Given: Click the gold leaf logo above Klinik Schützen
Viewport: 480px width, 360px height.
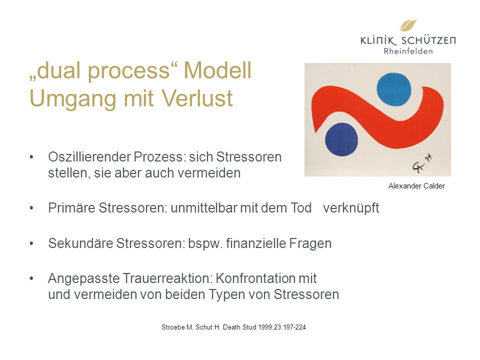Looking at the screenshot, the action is (408, 25).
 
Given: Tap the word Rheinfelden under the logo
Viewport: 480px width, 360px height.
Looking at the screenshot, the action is (408, 51).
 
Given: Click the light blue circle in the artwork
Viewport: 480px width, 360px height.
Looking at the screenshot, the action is (393, 89).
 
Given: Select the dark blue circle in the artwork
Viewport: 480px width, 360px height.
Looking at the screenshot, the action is (341, 139).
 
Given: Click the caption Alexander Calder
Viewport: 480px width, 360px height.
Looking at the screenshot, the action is (416, 186).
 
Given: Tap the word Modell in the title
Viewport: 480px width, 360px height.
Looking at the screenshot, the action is (217, 70).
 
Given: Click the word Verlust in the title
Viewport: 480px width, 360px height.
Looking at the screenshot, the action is (197, 98).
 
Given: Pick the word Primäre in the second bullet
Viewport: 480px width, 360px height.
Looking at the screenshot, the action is (71, 208).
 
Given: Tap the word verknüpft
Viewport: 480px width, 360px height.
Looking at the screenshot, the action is (351, 208).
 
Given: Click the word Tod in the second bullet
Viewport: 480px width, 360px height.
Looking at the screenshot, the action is (300, 208).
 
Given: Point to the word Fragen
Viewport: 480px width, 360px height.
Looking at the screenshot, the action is (310, 244).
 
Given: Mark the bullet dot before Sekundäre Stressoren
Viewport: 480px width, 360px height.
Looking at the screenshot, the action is (31, 243).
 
